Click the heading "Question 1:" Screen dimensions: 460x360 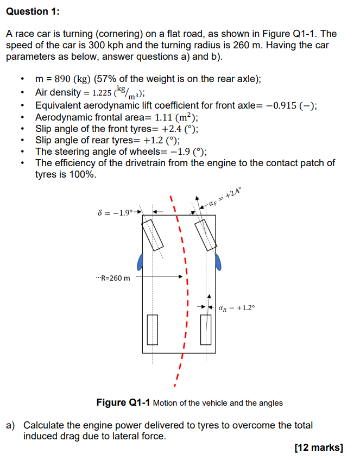(33, 11)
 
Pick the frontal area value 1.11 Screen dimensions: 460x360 (165, 117)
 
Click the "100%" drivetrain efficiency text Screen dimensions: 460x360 (79, 174)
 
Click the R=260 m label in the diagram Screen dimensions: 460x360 (112, 278)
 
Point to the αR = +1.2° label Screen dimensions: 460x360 (236, 308)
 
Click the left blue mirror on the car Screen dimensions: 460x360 (140, 262)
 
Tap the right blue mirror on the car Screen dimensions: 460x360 (218, 261)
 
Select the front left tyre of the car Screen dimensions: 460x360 (153, 235)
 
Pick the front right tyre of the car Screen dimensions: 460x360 (205, 235)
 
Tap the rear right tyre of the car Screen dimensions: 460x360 (206, 330)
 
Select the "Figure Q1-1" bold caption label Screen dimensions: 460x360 (123, 402)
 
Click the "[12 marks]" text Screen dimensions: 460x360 (319, 448)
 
